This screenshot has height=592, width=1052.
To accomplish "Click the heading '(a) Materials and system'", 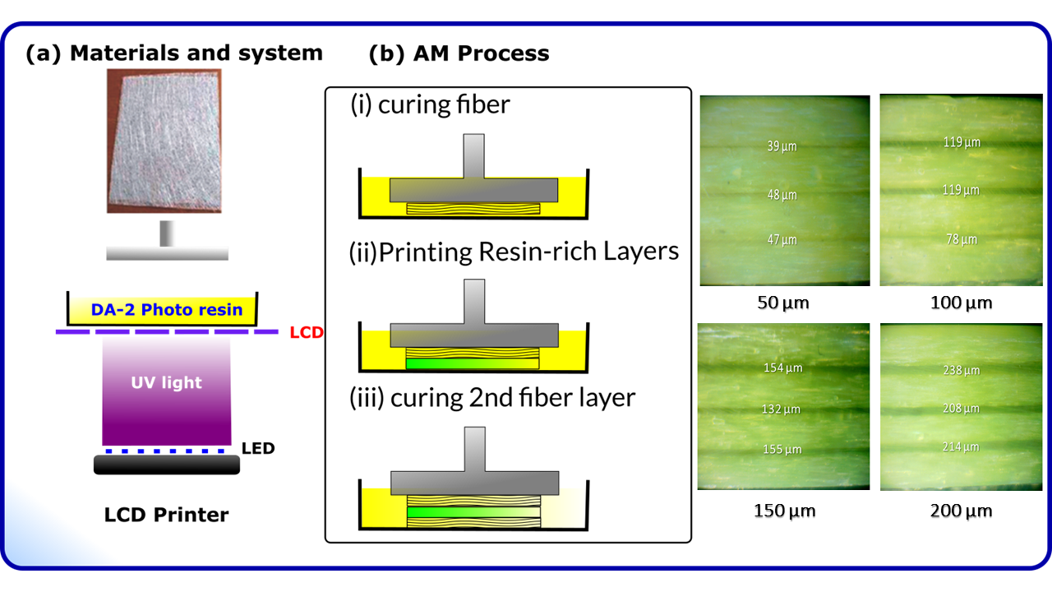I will pos(173,54).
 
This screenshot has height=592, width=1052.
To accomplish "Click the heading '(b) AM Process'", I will pos(459,54).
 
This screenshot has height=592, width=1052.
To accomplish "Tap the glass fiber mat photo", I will pos(164,141).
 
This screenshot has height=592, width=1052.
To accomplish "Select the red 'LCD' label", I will pos(306,335).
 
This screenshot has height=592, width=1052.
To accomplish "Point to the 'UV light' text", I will pos(166,383).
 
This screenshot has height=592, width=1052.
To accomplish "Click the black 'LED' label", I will pos(258,449).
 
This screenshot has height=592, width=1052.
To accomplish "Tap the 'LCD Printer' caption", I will pos(166,516).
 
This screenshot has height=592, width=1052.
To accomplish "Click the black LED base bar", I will pos(167,465).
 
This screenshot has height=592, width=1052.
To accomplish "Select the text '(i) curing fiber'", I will pos(431,105).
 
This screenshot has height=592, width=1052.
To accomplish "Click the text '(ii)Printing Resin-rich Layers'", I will pos(514,251).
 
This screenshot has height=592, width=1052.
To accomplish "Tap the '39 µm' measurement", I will pos(782,146).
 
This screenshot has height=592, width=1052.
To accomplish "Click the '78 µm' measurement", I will pos(962,239).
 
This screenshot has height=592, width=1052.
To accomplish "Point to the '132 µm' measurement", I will pos(782,409).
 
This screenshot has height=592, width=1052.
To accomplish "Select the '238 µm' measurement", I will pos(962,371).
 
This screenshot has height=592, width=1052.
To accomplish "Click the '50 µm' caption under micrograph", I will pos(783,303).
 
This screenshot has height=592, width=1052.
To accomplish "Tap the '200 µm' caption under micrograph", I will pos(961,511).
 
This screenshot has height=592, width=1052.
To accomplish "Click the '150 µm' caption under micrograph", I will pos(784,511).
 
